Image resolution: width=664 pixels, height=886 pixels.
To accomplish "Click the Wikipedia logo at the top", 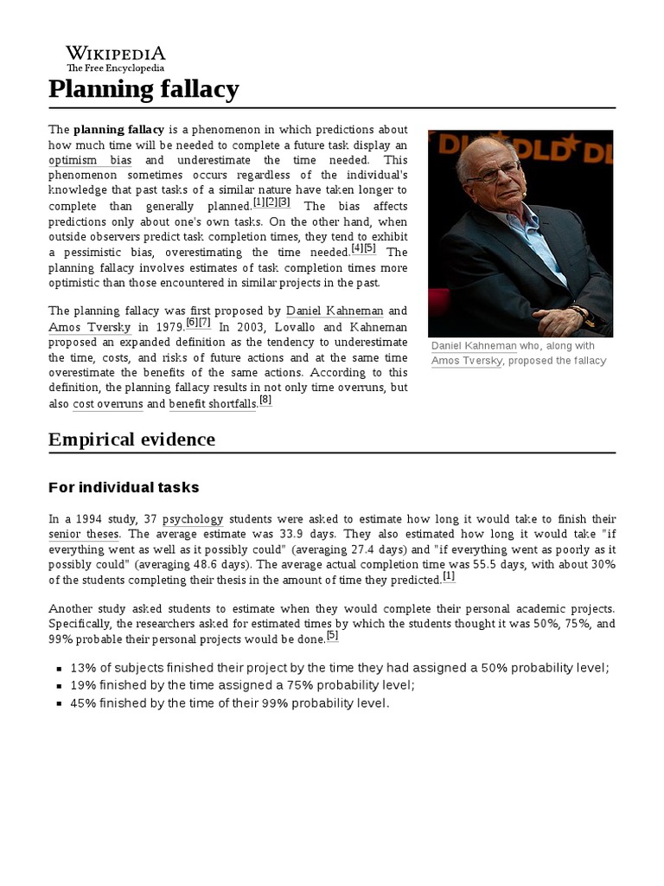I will [116, 58].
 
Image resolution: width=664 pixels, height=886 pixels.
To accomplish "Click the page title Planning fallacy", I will [144, 88].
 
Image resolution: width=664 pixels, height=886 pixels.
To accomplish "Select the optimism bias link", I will [91, 160].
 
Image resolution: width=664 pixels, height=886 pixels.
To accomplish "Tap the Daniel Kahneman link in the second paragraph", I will [334, 310].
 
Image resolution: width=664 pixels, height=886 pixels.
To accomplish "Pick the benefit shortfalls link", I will [213, 404].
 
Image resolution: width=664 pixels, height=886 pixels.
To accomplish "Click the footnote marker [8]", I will [265, 400].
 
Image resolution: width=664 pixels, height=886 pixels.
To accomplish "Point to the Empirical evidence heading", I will [131, 440].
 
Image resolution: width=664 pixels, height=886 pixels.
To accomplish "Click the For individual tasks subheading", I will [124, 487].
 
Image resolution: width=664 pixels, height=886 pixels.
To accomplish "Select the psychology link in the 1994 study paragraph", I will [192, 518].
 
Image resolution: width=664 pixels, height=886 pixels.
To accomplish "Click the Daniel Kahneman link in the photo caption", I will [473, 345].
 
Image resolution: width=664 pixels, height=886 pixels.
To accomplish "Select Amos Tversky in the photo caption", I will [466, 361].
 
